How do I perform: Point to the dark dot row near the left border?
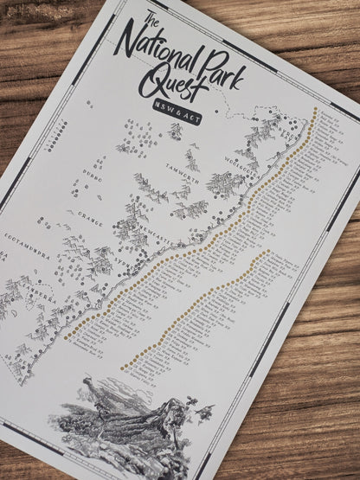60,131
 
